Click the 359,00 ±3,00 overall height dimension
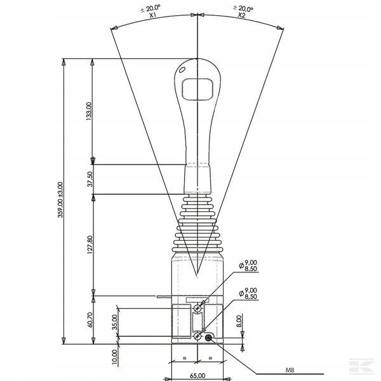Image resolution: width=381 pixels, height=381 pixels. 60,200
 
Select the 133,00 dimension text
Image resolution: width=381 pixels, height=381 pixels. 89,111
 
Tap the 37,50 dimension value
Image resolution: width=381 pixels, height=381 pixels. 90,179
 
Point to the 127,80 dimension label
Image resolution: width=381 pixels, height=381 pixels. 90,244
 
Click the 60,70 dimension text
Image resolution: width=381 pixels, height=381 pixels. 90,320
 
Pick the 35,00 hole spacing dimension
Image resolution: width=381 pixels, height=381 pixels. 115,322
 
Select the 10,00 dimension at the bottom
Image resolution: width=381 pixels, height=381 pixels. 115,357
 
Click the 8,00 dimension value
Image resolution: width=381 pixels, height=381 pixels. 239,321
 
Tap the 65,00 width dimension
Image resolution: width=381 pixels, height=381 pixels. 197,376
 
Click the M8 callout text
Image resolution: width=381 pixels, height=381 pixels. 290,370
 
